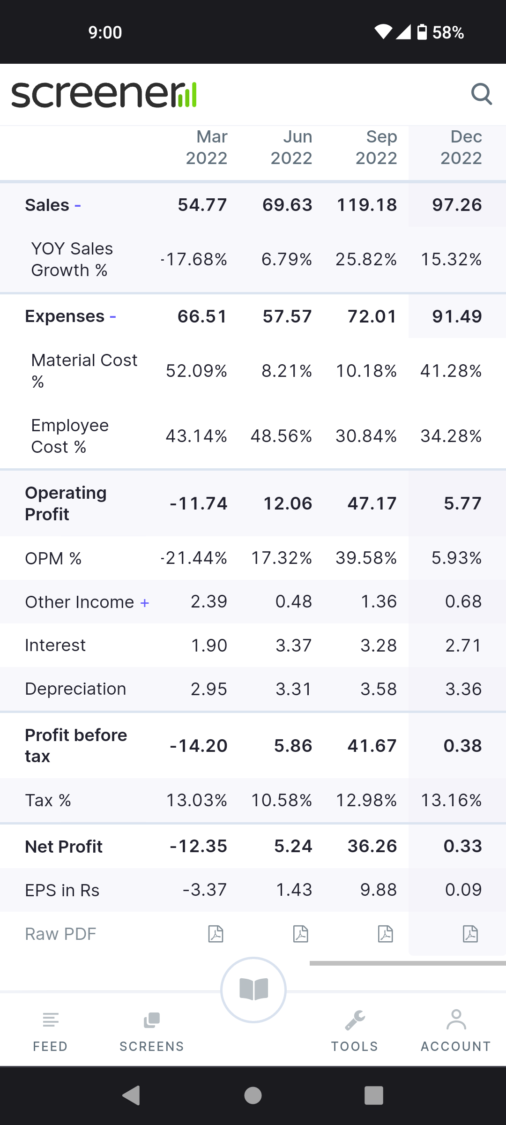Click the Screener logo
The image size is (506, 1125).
tap(104, 94)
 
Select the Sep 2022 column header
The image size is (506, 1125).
tap(376, 147)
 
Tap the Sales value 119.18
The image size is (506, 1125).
tap(367, 205)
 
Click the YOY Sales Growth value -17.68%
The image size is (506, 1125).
tap(194, 259)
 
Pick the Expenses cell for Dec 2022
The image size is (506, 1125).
tap(457, 316)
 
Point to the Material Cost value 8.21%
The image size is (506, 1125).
tap(287, 371)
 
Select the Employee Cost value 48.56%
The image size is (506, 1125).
tap(281, 436)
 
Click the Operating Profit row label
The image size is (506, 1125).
tap(66, 503)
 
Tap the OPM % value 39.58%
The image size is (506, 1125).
tap(366, 558)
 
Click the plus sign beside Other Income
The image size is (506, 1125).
tap(145, 603)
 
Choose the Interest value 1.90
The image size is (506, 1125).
tap(209, 645)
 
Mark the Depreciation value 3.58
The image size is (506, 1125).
tap(379, 689)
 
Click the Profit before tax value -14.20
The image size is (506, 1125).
tap(199, 746)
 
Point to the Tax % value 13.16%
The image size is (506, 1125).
tap(451, 800)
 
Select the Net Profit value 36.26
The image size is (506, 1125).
tap(372, 846)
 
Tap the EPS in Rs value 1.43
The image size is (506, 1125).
tap(294, 890)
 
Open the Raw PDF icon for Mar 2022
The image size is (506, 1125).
tap(216, 934)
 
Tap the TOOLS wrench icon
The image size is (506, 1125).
tap(355, 1020)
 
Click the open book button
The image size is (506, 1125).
tap(253, 990)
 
